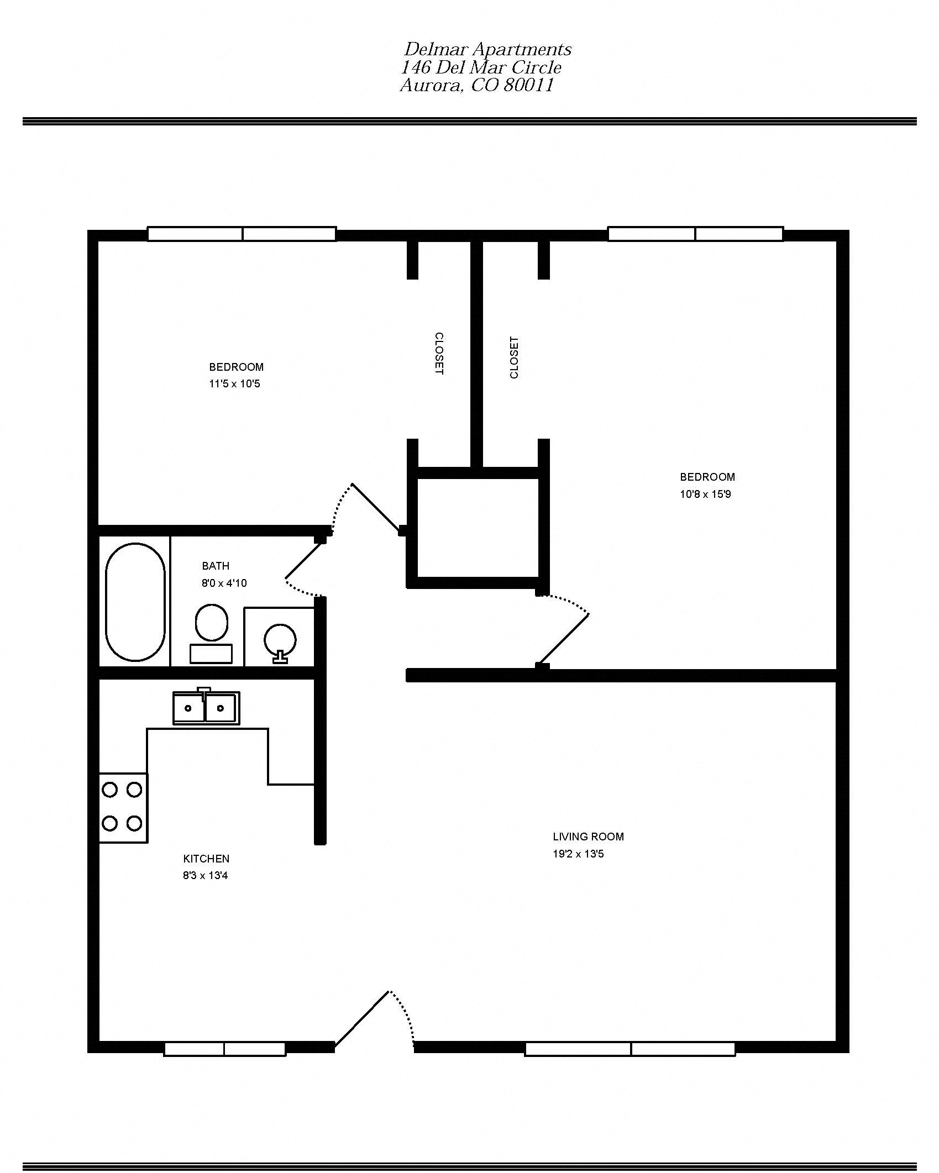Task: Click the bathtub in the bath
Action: click(x=135, y=602)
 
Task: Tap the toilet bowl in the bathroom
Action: click(x=211, y=623)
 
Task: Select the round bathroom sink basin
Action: click(x=280, y=640)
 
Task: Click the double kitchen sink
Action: click(x=206, y=708)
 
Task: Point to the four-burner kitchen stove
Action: click(x=123, y=807)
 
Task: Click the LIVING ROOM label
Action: click(x=588, y=837)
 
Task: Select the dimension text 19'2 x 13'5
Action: click(x=578, y=854)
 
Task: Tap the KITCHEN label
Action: click(x=206, y=859)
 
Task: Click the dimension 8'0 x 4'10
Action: click(x=224, y=583)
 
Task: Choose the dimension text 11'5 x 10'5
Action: click(x=234, y=383)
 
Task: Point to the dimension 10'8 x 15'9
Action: click(x=705, y=494)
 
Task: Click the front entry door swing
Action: click(x=362, y=1019)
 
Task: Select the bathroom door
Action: click(x=303, y=561)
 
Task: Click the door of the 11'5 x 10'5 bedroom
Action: click(x=376, y=508)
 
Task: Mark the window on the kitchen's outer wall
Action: click(x=225, y=1049)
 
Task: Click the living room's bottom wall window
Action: click(x=630, y=1049)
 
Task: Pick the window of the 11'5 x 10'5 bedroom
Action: click(x=242, y=234)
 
